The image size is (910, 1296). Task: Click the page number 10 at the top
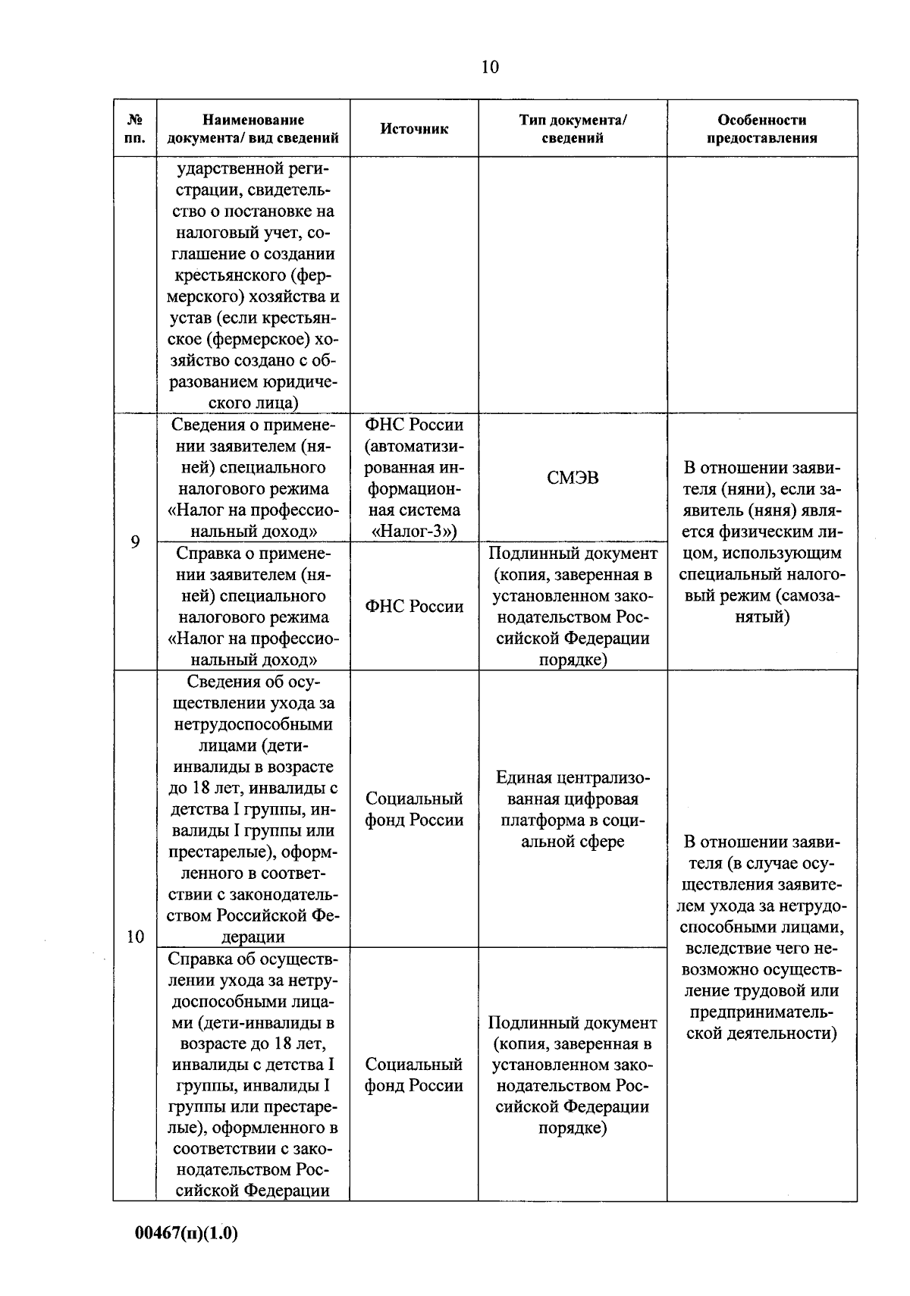490,67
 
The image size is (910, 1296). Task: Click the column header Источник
414,129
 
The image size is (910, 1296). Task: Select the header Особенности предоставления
761,129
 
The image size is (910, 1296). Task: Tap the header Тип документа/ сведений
573,129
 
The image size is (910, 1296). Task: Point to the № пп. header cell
135,129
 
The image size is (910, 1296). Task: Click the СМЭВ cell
573,478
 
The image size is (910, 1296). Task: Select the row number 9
135,541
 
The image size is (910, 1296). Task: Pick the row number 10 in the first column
135,937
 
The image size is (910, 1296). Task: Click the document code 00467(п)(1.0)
187,1234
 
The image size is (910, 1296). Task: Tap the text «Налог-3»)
414,531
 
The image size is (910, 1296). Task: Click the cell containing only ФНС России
414,607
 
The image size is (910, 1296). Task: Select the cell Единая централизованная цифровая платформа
573,810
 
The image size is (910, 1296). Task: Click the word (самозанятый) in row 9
761,607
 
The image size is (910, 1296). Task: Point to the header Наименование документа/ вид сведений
253,129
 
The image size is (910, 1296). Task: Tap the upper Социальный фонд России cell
414,810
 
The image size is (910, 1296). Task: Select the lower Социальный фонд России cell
414,1075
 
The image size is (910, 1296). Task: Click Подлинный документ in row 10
573,1023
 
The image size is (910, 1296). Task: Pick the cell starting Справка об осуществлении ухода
253,1074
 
